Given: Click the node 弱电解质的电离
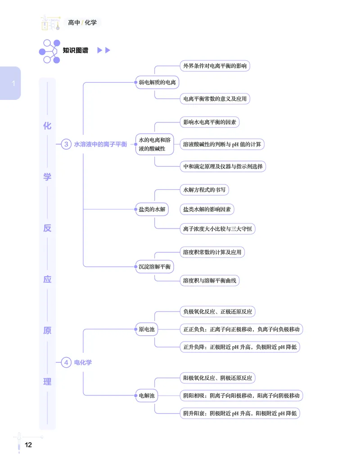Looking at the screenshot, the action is click(x=157, y=82).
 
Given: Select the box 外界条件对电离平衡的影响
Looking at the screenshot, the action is click(x=215, y=66).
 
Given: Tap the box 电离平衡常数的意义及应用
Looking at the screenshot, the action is click(x=215, y=99).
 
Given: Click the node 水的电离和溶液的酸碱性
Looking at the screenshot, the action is click(x=155, y=144).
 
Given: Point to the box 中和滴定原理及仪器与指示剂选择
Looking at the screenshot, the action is click(x=223, y=166).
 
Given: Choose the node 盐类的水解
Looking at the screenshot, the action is click(x=152, y=209).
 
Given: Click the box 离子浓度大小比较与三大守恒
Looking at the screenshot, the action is click(x=218, y=229).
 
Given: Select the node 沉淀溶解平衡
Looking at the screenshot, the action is click(x=155, y=266).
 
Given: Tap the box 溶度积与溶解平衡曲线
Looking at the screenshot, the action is click(x=210, y=280).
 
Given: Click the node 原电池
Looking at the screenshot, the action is click(x=147, y=329).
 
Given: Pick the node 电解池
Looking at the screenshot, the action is click(x=147, y=396).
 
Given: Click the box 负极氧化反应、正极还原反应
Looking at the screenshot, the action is click(x=218, y=311).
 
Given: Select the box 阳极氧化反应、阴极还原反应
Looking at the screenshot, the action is click(x=218, y=378).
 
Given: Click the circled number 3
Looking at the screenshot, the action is click(x=66, y=144).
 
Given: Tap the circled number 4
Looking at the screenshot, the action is click(x=66, y=363).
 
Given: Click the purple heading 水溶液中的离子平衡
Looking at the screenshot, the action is click(x=101, y=144).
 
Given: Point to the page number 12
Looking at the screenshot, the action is click(x=28, y=445).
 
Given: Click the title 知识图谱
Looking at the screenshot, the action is click(x=76, y=50).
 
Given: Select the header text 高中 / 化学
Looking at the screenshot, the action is click(x=82, y=22).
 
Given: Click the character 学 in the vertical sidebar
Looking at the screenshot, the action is click(x=47, y=177).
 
